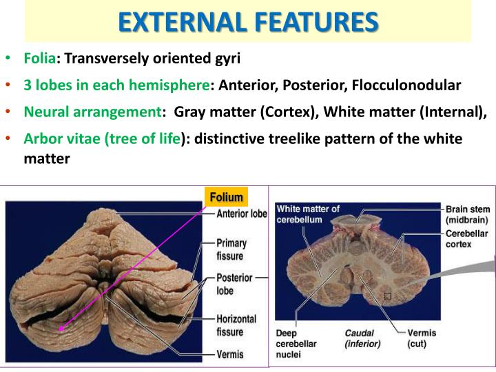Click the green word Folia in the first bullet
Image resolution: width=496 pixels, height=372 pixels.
(x=40, y=59)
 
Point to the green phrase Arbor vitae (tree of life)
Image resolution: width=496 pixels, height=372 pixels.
(x=102, y=138)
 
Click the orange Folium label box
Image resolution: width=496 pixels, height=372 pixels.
(x=226, y=197)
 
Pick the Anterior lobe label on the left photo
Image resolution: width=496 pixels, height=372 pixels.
(x=241, y=214)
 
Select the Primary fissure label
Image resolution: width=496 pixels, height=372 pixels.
(x=231, y=249)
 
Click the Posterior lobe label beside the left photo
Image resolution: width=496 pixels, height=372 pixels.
(x=234, y=284)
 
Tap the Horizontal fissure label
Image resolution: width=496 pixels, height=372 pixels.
(x=236, y=325)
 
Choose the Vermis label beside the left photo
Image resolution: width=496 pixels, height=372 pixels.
(x=230, y=356)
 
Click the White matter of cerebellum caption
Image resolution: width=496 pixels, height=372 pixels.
(x=308, y=214)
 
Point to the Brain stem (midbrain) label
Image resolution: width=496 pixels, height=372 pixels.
(x=466, y=214)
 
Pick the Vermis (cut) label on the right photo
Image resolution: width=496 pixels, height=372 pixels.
(x=422, y=338)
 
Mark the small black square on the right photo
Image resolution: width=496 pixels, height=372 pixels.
(x=388, y=296)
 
